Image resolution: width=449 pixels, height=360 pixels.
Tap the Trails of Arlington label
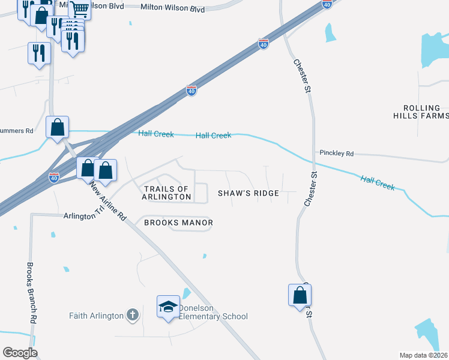(167, 193)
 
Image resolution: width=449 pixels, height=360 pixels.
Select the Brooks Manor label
(178, 223)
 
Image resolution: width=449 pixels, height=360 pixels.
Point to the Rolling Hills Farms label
(421, 112)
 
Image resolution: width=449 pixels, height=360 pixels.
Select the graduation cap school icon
(168, 305)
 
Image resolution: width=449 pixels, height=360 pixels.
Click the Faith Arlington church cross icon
(133, 315)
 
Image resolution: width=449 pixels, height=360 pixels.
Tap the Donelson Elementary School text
(213, 316)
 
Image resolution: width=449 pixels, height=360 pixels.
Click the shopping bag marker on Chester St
(300, 295)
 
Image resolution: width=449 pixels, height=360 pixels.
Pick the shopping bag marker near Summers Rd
(58, 127)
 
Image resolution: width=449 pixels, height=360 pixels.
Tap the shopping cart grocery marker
(80, 8)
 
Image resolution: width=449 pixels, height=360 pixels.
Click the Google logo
(20, 353)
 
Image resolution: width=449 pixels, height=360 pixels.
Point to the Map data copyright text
(424, 355)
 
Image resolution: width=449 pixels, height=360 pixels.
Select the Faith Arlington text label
(96, 316)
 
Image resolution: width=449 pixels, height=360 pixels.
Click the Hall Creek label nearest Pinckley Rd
(378, 182)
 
